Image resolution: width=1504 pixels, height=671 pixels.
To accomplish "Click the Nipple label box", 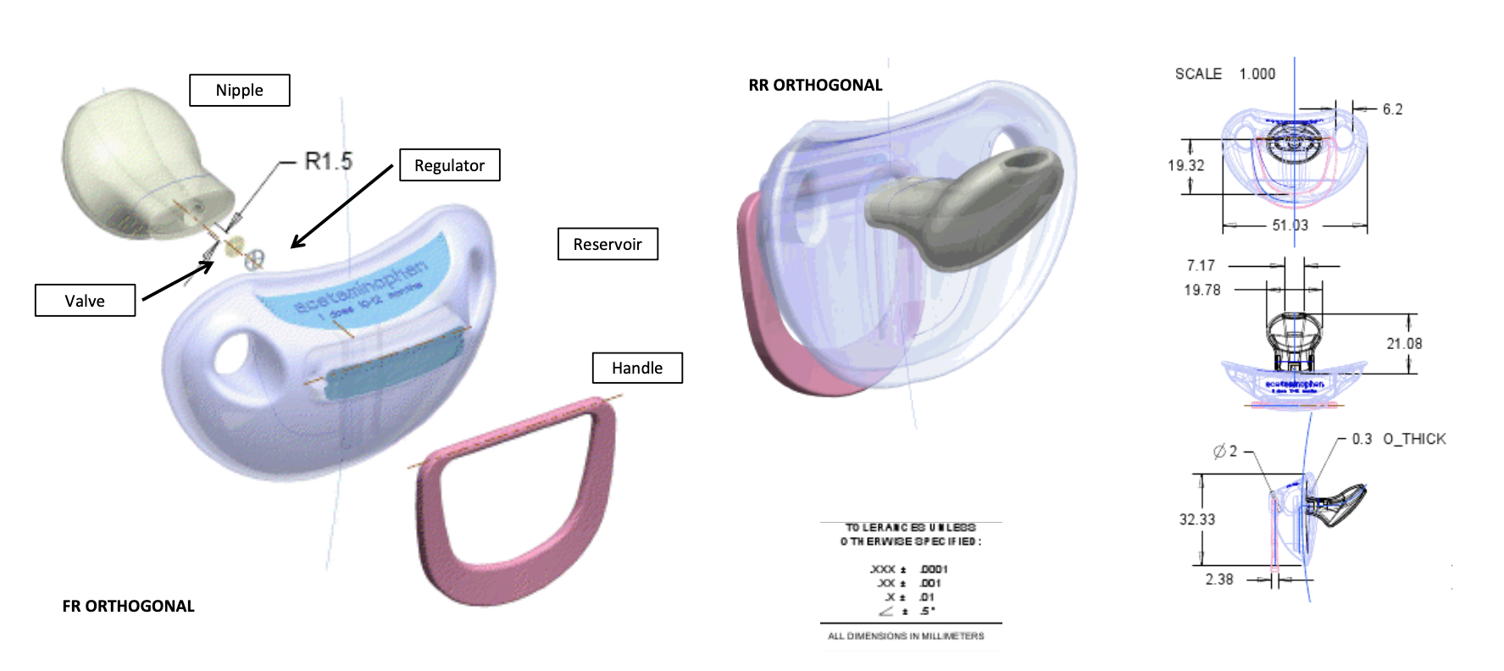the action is click(239, 90).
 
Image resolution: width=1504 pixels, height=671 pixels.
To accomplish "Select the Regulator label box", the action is click(449, 165).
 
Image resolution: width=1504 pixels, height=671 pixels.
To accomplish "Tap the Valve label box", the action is click(85, 301).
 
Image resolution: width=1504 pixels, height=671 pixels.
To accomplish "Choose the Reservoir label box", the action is click(608, 244).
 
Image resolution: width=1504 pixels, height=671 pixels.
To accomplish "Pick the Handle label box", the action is click(637, 368).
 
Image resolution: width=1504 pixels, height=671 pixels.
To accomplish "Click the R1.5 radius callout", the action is click(328, 161).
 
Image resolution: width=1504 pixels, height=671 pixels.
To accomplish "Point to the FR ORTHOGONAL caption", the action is click(129, 606).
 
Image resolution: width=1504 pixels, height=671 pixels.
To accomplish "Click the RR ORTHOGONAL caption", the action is click(815, 85).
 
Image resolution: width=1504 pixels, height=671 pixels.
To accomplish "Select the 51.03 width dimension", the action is click(1290, 225).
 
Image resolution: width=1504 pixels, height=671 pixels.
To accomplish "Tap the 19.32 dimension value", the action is click(1185, 165).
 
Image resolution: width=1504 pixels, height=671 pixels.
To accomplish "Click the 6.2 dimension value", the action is click(1392, 109).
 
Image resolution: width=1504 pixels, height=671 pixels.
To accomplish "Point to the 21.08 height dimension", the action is click(1404, 343).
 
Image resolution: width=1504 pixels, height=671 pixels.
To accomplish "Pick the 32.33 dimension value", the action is click(1196, 519).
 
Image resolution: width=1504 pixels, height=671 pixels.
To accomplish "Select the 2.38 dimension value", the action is click(1219, 579).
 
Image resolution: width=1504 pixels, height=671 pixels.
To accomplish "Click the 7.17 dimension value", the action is click(1201, 265).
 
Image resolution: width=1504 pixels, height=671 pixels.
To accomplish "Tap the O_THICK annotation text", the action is click(1414, 439).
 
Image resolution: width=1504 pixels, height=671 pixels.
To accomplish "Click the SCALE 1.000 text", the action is click(1224, 74).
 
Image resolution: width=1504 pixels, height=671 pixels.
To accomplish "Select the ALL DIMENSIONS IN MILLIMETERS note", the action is click(906, 635).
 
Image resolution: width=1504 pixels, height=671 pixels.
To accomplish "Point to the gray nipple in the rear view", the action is click(966, 208).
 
